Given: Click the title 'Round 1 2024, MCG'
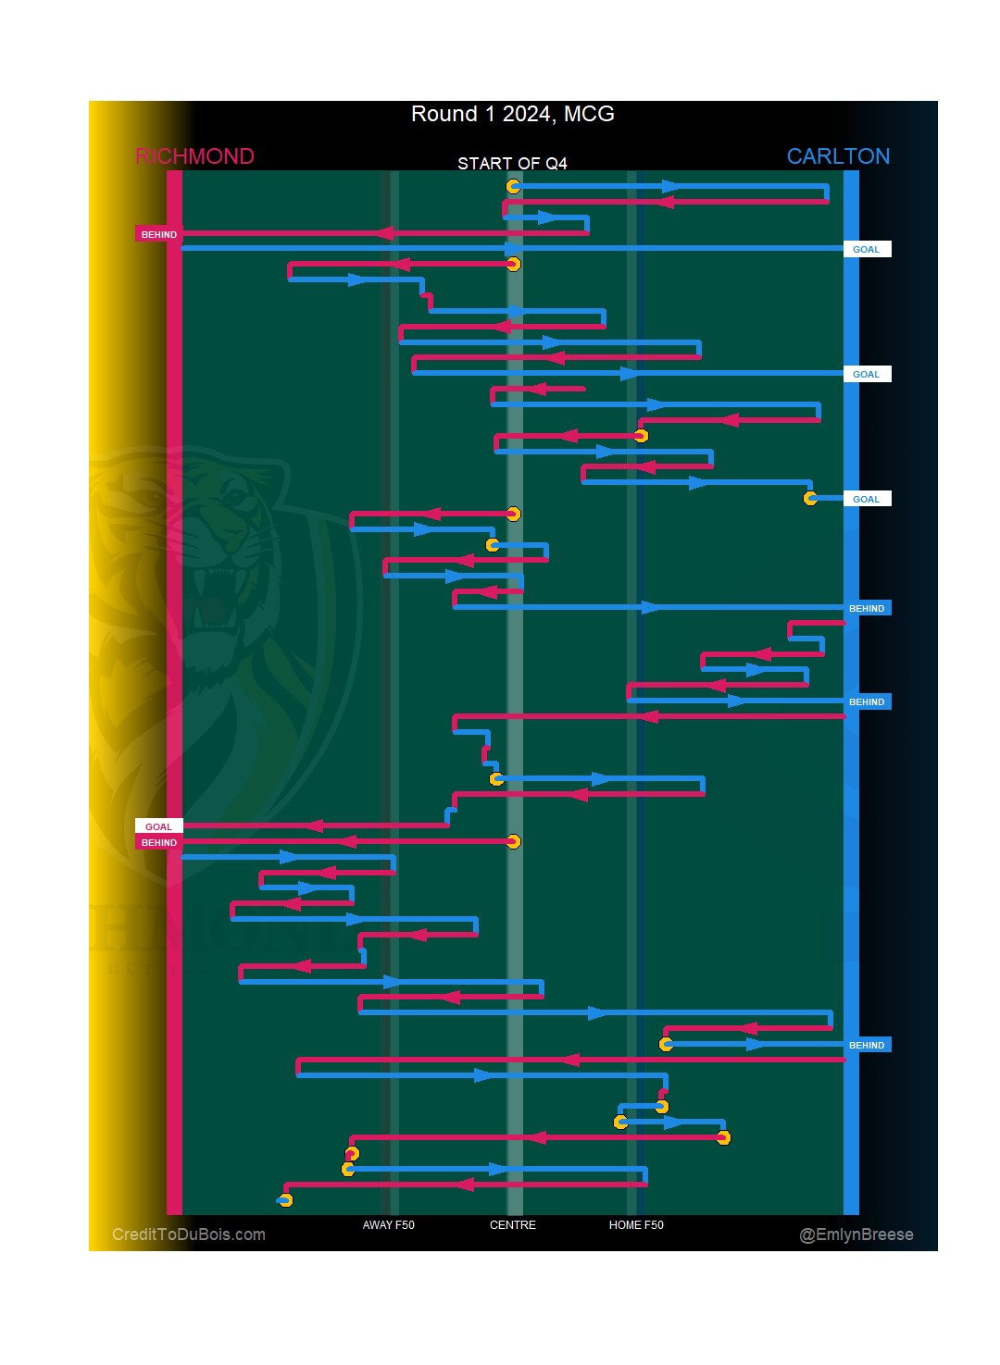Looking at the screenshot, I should tap(512, 114).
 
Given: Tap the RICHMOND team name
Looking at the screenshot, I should tap(194, 156).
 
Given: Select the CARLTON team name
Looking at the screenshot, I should tap(838, 156).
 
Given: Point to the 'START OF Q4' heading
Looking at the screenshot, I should tap(512, 164).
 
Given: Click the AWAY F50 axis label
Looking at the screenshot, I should tap(388, 1225).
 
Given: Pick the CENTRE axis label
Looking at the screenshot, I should tap(512, 1225).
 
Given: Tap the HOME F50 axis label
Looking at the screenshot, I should tap(636, 1225).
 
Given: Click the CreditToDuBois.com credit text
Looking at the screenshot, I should tap(189, 1235).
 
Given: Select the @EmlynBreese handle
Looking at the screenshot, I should tap(856, 1235).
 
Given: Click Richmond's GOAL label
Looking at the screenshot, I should tap(158, 826).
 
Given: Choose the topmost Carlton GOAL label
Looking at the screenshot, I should tap(866, 249).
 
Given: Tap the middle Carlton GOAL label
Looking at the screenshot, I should tap(866, 374).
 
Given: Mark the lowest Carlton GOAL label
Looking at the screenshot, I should tap(866, 499).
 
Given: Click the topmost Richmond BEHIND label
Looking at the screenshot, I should tap(158, 234).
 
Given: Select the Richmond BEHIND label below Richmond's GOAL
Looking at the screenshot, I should tap(158, 842).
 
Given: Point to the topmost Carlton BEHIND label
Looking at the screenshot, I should tap(867, 608).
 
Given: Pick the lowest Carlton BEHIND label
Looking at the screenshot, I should tap(867, 1045).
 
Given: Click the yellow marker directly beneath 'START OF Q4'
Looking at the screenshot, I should tap(513, 186).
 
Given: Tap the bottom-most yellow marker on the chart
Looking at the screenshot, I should tap(285, 1200).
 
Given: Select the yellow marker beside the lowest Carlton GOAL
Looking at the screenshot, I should tap(810, 498).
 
